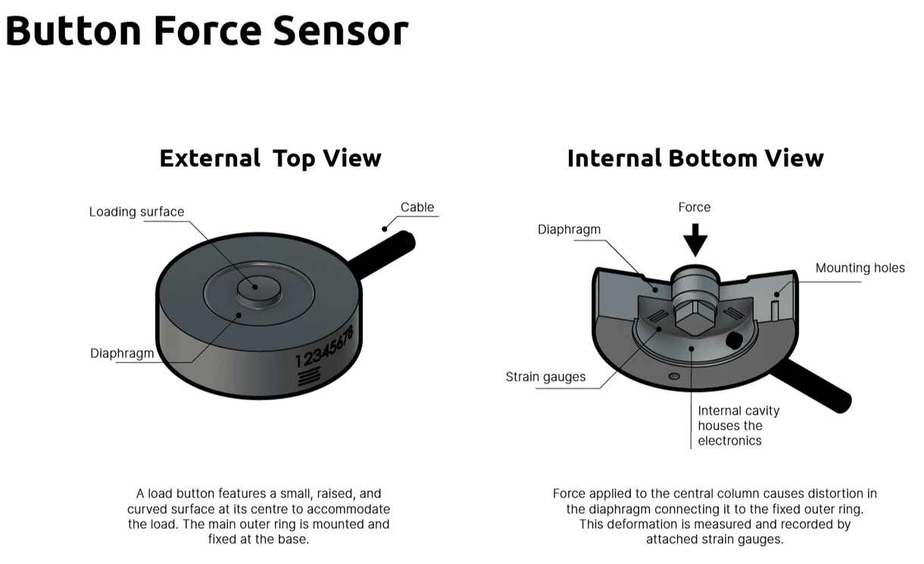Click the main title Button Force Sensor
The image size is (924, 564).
tap(207, 31)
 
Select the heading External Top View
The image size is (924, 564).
tap(270, 158)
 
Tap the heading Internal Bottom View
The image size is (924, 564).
tap(695, 158)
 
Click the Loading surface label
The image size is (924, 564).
tap(136, 212)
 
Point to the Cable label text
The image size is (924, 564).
tap(417, 207)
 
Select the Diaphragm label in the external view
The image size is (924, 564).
tap(122, 353)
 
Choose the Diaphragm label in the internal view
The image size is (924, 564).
tap(570, 229)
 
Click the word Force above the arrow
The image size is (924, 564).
tap(695, 207)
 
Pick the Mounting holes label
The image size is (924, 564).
tap(860, 268)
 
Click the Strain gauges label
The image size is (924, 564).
tap(545, 377)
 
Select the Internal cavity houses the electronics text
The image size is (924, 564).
tap(738, 425)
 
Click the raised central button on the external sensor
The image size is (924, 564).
tap(256, 287)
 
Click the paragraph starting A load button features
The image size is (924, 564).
tap(258, 516)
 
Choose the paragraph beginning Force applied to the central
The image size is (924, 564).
tap(714, 516)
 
